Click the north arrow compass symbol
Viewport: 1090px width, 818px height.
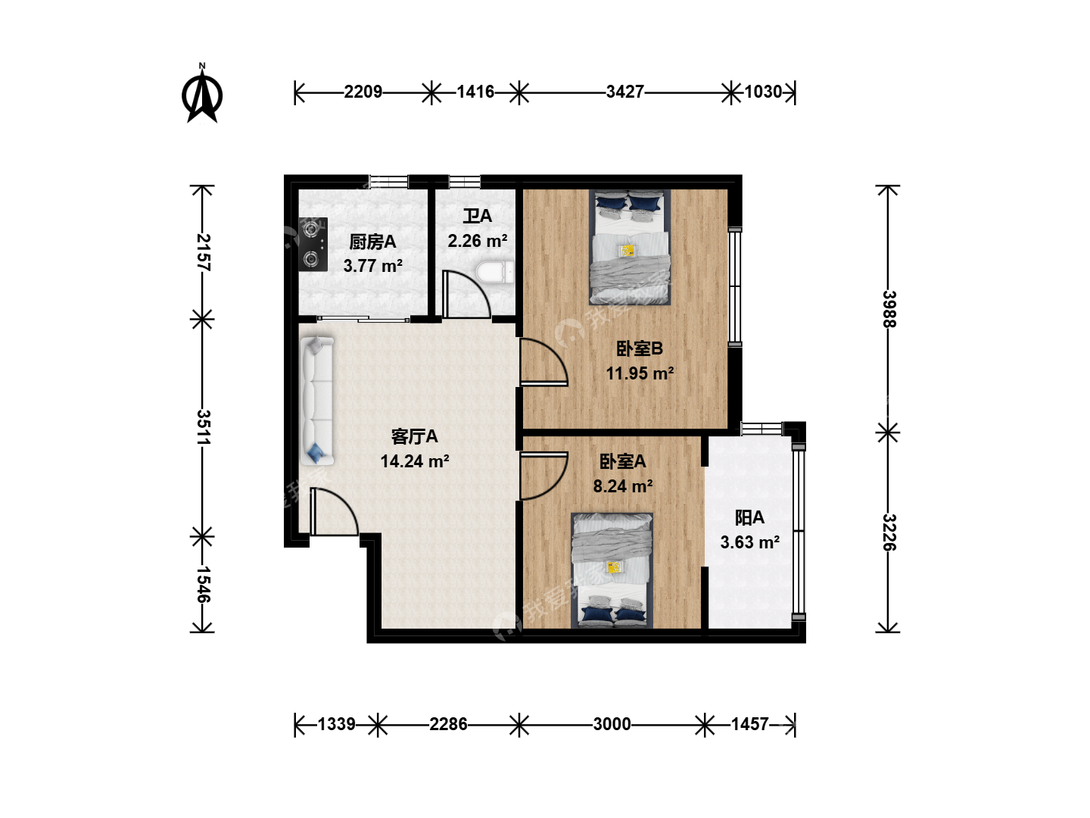201,95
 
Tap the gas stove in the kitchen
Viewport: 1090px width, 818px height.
313,245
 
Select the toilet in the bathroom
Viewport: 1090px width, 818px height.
494,273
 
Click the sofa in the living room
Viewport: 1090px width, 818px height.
316,401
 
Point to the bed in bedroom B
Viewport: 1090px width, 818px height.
630,248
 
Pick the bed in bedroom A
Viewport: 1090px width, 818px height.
612,570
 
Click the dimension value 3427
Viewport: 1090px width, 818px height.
624,92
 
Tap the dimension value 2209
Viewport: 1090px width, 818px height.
363,92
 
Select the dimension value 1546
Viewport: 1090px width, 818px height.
203,585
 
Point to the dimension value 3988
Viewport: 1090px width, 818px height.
889,309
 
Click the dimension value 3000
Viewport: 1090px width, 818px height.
612,725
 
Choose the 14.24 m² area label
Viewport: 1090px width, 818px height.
415,461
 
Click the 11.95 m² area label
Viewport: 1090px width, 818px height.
640,373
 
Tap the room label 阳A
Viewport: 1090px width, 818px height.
749,518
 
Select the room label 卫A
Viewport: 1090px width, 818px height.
477,216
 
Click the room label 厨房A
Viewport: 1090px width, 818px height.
372,242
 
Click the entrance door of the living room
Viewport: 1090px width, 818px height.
334,511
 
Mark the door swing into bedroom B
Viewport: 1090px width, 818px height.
543,361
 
